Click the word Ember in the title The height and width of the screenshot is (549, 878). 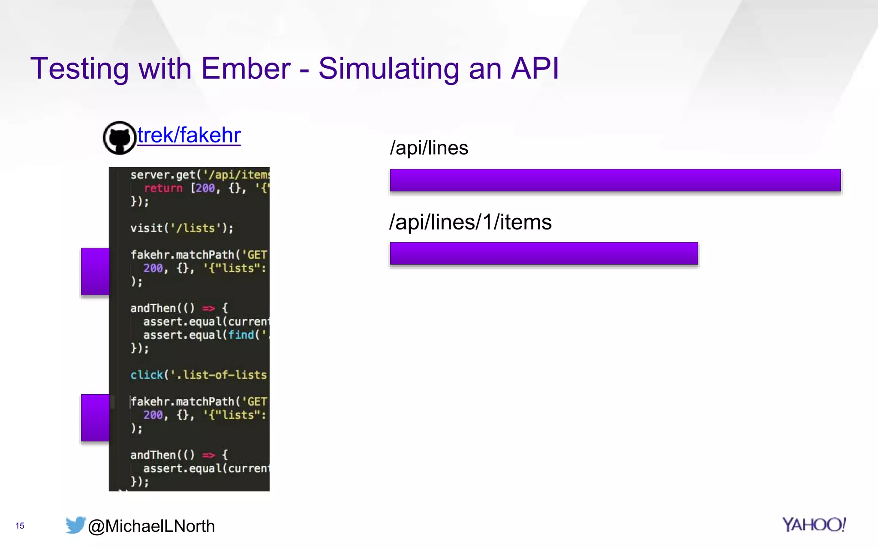coord(246,69)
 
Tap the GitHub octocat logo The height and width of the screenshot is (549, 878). coord(120,138)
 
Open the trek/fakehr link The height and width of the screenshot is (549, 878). coord(189,135)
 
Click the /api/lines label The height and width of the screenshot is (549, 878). coord(429,148)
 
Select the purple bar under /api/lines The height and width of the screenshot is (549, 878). coord(615,180)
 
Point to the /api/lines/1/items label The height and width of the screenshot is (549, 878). coord(470,222)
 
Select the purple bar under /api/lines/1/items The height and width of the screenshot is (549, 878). coord(544,253)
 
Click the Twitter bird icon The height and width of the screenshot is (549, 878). coord(75,525)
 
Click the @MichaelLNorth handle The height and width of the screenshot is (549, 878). coord(151,526)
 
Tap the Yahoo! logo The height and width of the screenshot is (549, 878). coord(813,525)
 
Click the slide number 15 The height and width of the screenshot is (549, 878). coord(20,526)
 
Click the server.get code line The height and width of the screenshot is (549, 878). coord(199,175)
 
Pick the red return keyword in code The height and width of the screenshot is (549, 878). coord(163,188)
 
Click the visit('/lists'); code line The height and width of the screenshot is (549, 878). coord(182,228)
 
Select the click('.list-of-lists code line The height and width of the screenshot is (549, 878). coord(198,375)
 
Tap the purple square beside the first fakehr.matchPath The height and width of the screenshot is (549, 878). coord(95,271)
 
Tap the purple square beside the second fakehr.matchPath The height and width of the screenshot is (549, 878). coord(95,418)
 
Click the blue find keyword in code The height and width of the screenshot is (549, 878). coord(241,335)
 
